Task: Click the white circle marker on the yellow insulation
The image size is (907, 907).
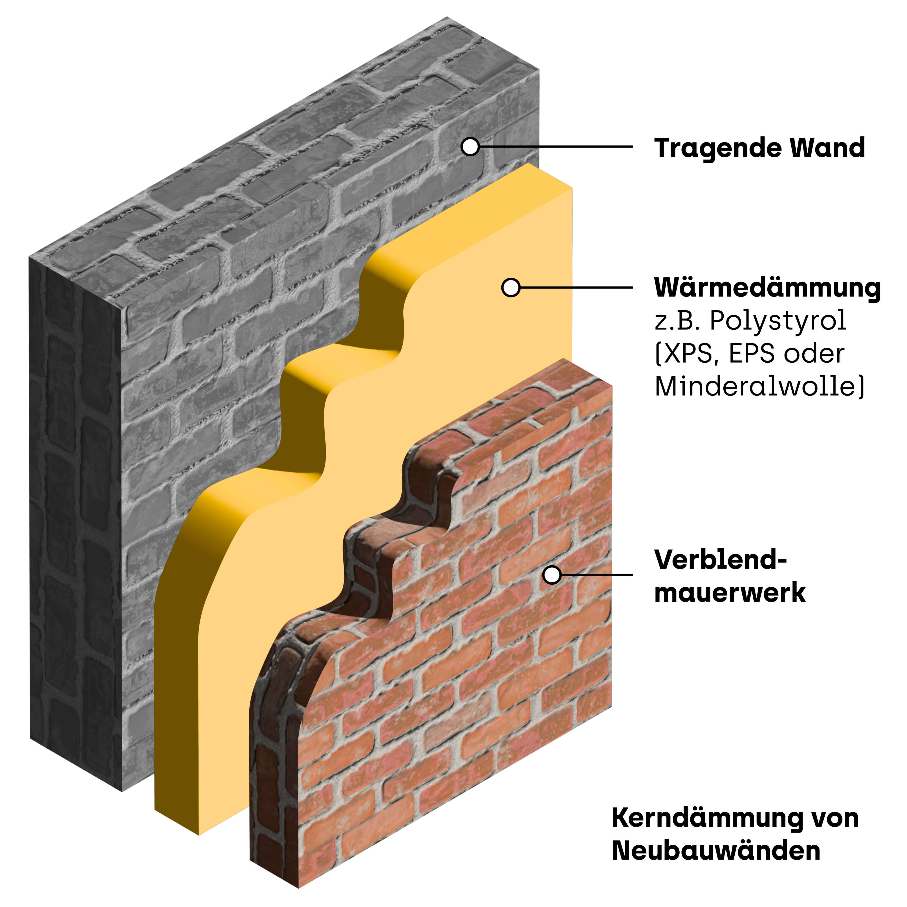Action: tap(511, 287)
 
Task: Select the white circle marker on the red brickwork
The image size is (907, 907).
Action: tap(552, 575)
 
